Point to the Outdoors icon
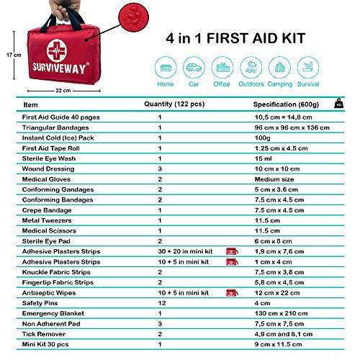pos(250,68)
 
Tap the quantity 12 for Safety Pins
pos(160,303)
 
